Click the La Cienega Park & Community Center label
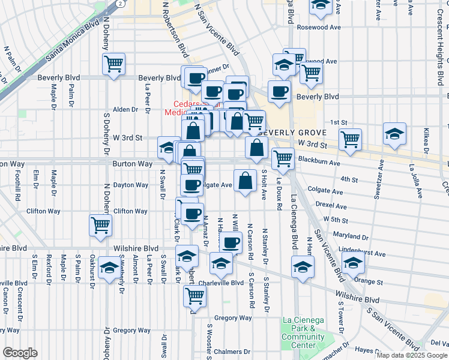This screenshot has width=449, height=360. [303, 337]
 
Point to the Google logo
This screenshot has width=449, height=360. [19, 353]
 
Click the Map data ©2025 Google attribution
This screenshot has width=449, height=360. [412, 355]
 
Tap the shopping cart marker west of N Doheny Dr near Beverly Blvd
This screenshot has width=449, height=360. [113, 64]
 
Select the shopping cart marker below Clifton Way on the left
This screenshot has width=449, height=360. [100, 225]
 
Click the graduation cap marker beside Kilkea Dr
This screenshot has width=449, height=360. [394, 133]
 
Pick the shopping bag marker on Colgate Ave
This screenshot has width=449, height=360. [245, 181]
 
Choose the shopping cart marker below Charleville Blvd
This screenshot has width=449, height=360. [194, 295]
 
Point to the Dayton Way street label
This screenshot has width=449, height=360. [131, 185]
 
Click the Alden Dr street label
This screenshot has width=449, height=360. [125, 110]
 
